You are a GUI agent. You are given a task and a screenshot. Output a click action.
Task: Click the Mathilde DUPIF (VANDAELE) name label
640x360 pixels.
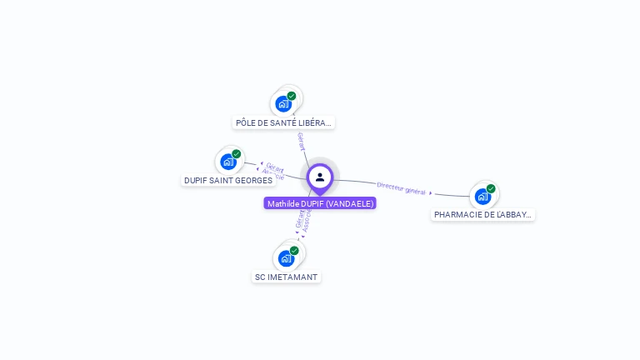tap(320, 203)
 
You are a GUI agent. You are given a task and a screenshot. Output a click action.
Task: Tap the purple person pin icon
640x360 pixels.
tap(320, 177)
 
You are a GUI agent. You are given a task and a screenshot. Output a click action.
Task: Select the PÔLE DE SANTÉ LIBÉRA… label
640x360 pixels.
tap(283, 122)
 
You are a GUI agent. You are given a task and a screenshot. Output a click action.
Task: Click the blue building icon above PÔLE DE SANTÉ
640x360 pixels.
tap(284, 104)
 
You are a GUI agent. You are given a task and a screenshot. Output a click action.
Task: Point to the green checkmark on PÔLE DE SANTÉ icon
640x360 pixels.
tap(292, 96)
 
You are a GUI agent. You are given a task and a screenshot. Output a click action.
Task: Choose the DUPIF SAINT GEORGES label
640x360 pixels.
tap(228, 180)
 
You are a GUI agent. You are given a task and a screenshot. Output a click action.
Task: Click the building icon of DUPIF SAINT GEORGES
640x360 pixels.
tap(227, 162)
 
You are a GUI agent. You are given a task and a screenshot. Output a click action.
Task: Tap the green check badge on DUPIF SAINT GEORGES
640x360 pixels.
tap(237, 154)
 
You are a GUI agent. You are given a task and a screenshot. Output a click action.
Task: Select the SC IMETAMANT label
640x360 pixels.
tap(287, 277)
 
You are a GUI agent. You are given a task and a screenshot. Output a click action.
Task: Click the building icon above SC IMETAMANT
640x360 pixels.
tap(286, 257)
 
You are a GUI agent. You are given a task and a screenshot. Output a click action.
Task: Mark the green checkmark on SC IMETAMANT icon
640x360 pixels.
tap(294, 250)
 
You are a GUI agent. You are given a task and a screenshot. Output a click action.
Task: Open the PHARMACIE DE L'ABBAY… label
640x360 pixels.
tap(483, 214)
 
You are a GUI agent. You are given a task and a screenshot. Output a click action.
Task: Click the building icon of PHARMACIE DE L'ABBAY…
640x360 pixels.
tap(482, 197)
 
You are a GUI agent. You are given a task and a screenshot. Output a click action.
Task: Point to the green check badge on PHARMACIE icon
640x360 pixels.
tap(491, 188)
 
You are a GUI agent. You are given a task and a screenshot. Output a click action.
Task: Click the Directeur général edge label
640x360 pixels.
tap(401, 188)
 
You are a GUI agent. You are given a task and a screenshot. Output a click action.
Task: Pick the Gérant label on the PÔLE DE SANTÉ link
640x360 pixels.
tap(302, 141)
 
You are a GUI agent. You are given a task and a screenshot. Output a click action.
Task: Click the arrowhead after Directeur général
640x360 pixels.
tap(431, 193)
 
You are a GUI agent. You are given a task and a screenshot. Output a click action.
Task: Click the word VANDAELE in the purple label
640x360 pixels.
tap(349, 203)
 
